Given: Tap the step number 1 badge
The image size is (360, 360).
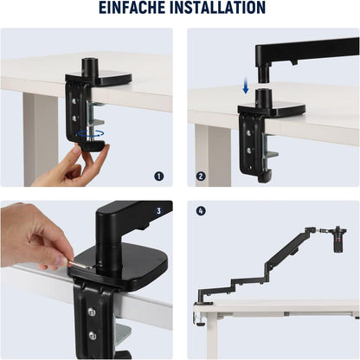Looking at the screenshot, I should point(158,176).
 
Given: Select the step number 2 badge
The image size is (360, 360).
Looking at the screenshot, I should point(201,176).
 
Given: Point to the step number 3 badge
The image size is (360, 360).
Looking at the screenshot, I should point(158,210).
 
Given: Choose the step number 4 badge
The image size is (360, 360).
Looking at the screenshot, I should point(201,210).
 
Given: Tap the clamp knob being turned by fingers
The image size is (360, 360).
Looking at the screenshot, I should point(88,147).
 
